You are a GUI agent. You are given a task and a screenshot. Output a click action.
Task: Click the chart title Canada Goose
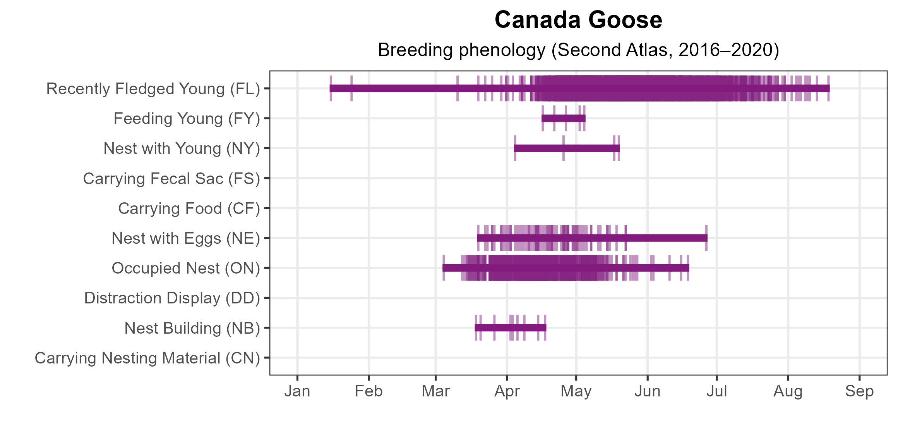[578, 20]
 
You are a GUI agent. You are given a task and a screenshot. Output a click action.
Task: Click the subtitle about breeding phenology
[578, 50]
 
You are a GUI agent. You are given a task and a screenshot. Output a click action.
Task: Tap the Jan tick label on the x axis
[297, 391]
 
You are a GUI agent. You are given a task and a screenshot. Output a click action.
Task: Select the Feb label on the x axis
[368, 391]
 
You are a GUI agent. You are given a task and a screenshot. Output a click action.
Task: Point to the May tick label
[576, 391]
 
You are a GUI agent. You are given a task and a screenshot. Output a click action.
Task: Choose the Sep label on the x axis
[859, 391]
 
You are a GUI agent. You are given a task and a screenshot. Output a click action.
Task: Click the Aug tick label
[788, 391]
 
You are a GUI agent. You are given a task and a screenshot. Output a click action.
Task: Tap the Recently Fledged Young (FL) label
[153, 89]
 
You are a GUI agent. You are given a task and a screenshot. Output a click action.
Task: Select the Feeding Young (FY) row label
[187, 119]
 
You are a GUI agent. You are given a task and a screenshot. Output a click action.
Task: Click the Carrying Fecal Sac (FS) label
[171, 179]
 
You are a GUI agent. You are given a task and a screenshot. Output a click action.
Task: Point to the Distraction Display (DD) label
[172, 298]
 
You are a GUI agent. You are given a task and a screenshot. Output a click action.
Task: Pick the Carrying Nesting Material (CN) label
[147, 358]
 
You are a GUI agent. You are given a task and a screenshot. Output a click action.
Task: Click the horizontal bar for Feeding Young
[564, 119]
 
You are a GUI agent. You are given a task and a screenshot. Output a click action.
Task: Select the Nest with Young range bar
[567, 148]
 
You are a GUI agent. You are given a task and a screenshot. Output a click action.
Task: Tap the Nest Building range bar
[511, 328]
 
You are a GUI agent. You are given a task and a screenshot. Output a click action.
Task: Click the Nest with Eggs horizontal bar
[592, 238]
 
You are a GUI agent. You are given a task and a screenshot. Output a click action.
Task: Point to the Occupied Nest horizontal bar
[566, 268]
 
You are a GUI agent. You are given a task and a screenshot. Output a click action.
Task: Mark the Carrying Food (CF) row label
[189, 208]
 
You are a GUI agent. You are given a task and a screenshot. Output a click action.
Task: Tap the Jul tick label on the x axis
[717, 391]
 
